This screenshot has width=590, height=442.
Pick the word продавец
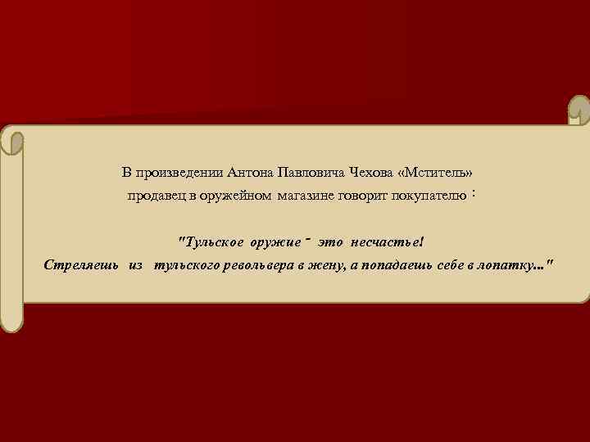pyautogui.click(x=155, y=196)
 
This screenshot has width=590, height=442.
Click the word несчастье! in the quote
pyautogui.click(x=388, y=242)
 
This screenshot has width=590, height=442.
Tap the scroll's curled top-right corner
pyautogui.click(x=579, y=110)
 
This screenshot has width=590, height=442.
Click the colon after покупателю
pyautogui.click(x=475, y=195)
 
